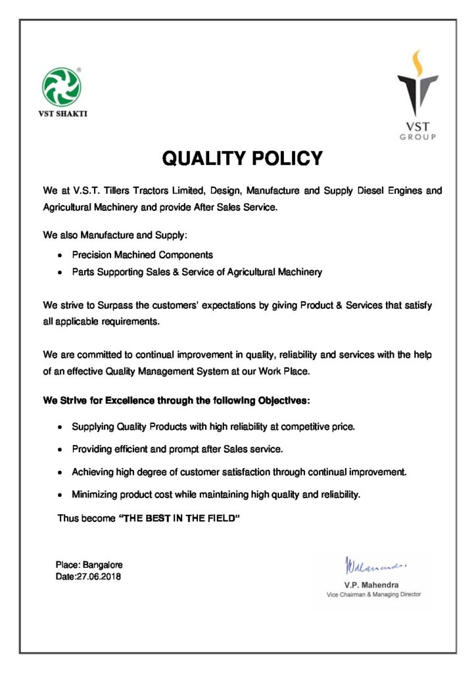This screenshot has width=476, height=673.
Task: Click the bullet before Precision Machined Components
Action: coord(60,254)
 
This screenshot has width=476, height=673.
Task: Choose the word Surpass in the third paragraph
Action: coord(115,306)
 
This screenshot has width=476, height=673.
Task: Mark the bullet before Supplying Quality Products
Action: coord(60,427)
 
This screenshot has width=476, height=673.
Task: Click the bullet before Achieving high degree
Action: coord(60,473)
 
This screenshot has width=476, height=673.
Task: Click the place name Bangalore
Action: coord(103,565)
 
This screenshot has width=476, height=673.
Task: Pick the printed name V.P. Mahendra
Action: coord(371,584)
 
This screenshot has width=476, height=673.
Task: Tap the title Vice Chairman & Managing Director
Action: coord(373,594)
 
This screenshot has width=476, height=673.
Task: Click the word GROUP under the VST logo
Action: coord(417,136)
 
